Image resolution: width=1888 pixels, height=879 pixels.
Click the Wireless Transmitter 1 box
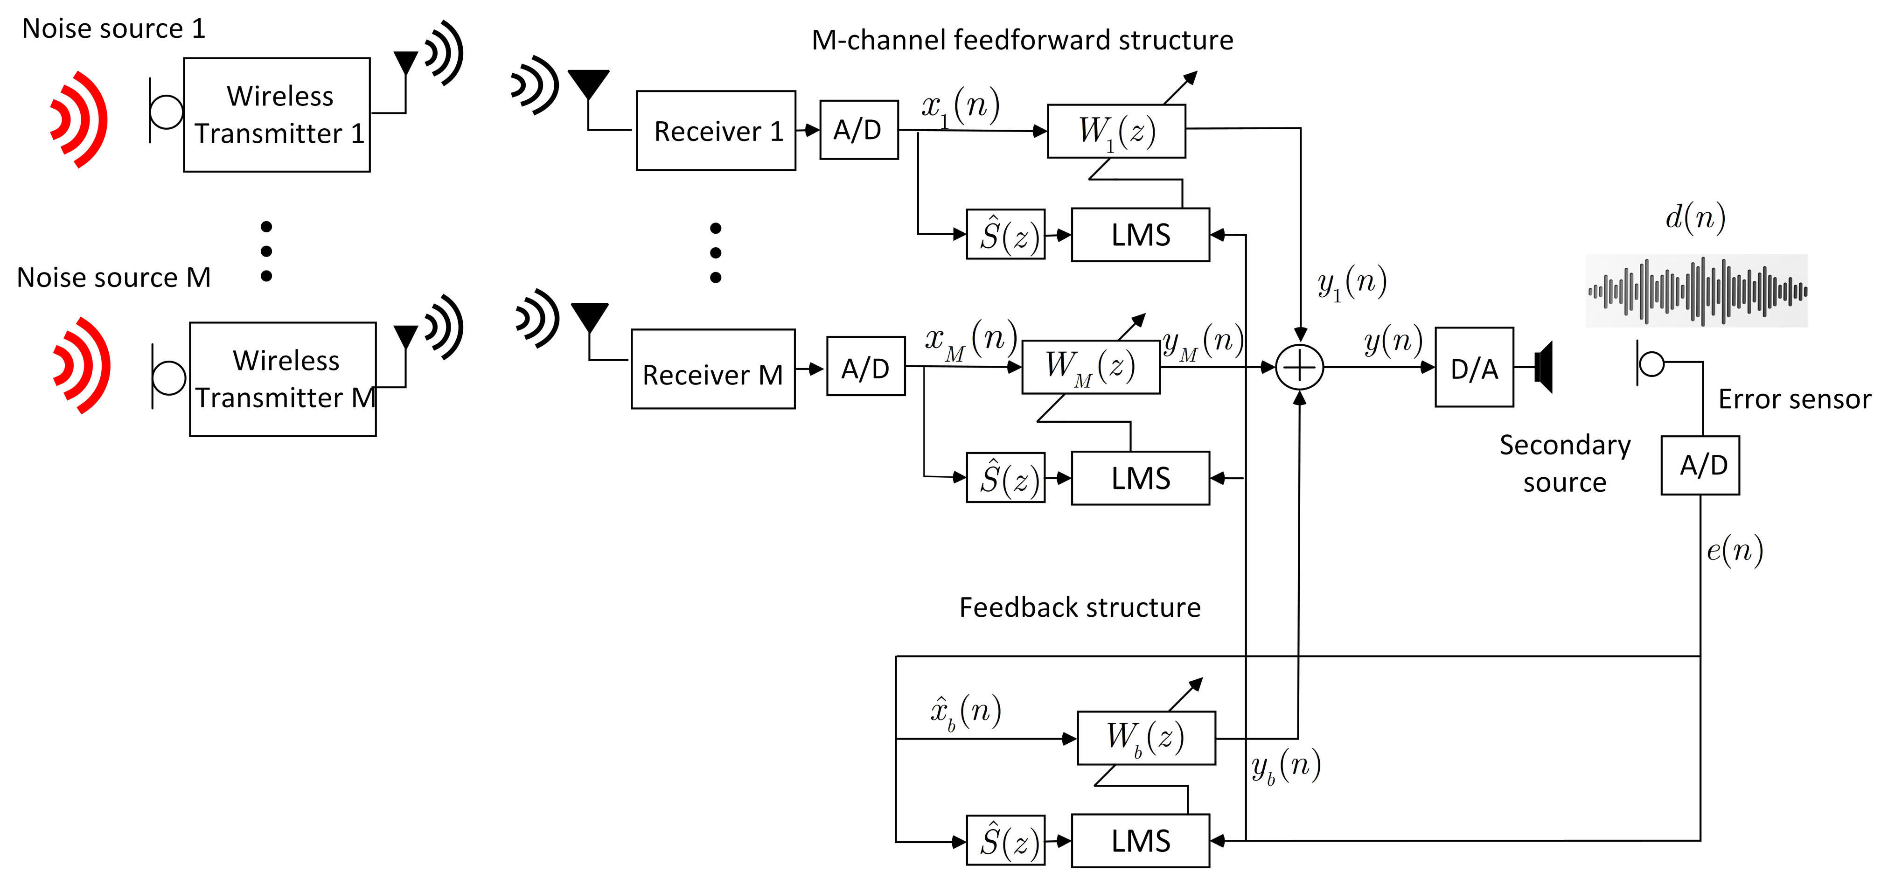tap(277, 115)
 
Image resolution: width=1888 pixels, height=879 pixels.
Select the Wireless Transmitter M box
tap(283, 379)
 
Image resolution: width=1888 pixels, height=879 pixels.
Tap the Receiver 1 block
tap(716, 131)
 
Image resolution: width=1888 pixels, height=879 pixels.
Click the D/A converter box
tap(1474, 367)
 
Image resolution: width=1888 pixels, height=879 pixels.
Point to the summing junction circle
tap(1299, 367)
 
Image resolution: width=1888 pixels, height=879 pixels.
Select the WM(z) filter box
tap(1091, 367)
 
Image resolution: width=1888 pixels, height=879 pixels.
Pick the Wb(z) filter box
tap(1146, 738)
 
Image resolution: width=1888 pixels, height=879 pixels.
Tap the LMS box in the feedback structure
tap(1141, 841)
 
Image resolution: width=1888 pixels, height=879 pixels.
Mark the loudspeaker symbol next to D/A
tap(1544, 367)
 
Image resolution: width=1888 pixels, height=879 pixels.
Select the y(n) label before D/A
tap(1393, 341)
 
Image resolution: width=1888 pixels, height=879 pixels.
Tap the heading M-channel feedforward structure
tap(1023, 40)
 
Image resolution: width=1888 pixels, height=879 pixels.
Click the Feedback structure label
tap(1080, 608)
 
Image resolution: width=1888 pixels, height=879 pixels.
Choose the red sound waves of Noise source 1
tap(80, 119)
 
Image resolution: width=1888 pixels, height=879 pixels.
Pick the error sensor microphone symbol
tap(1651, 363)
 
